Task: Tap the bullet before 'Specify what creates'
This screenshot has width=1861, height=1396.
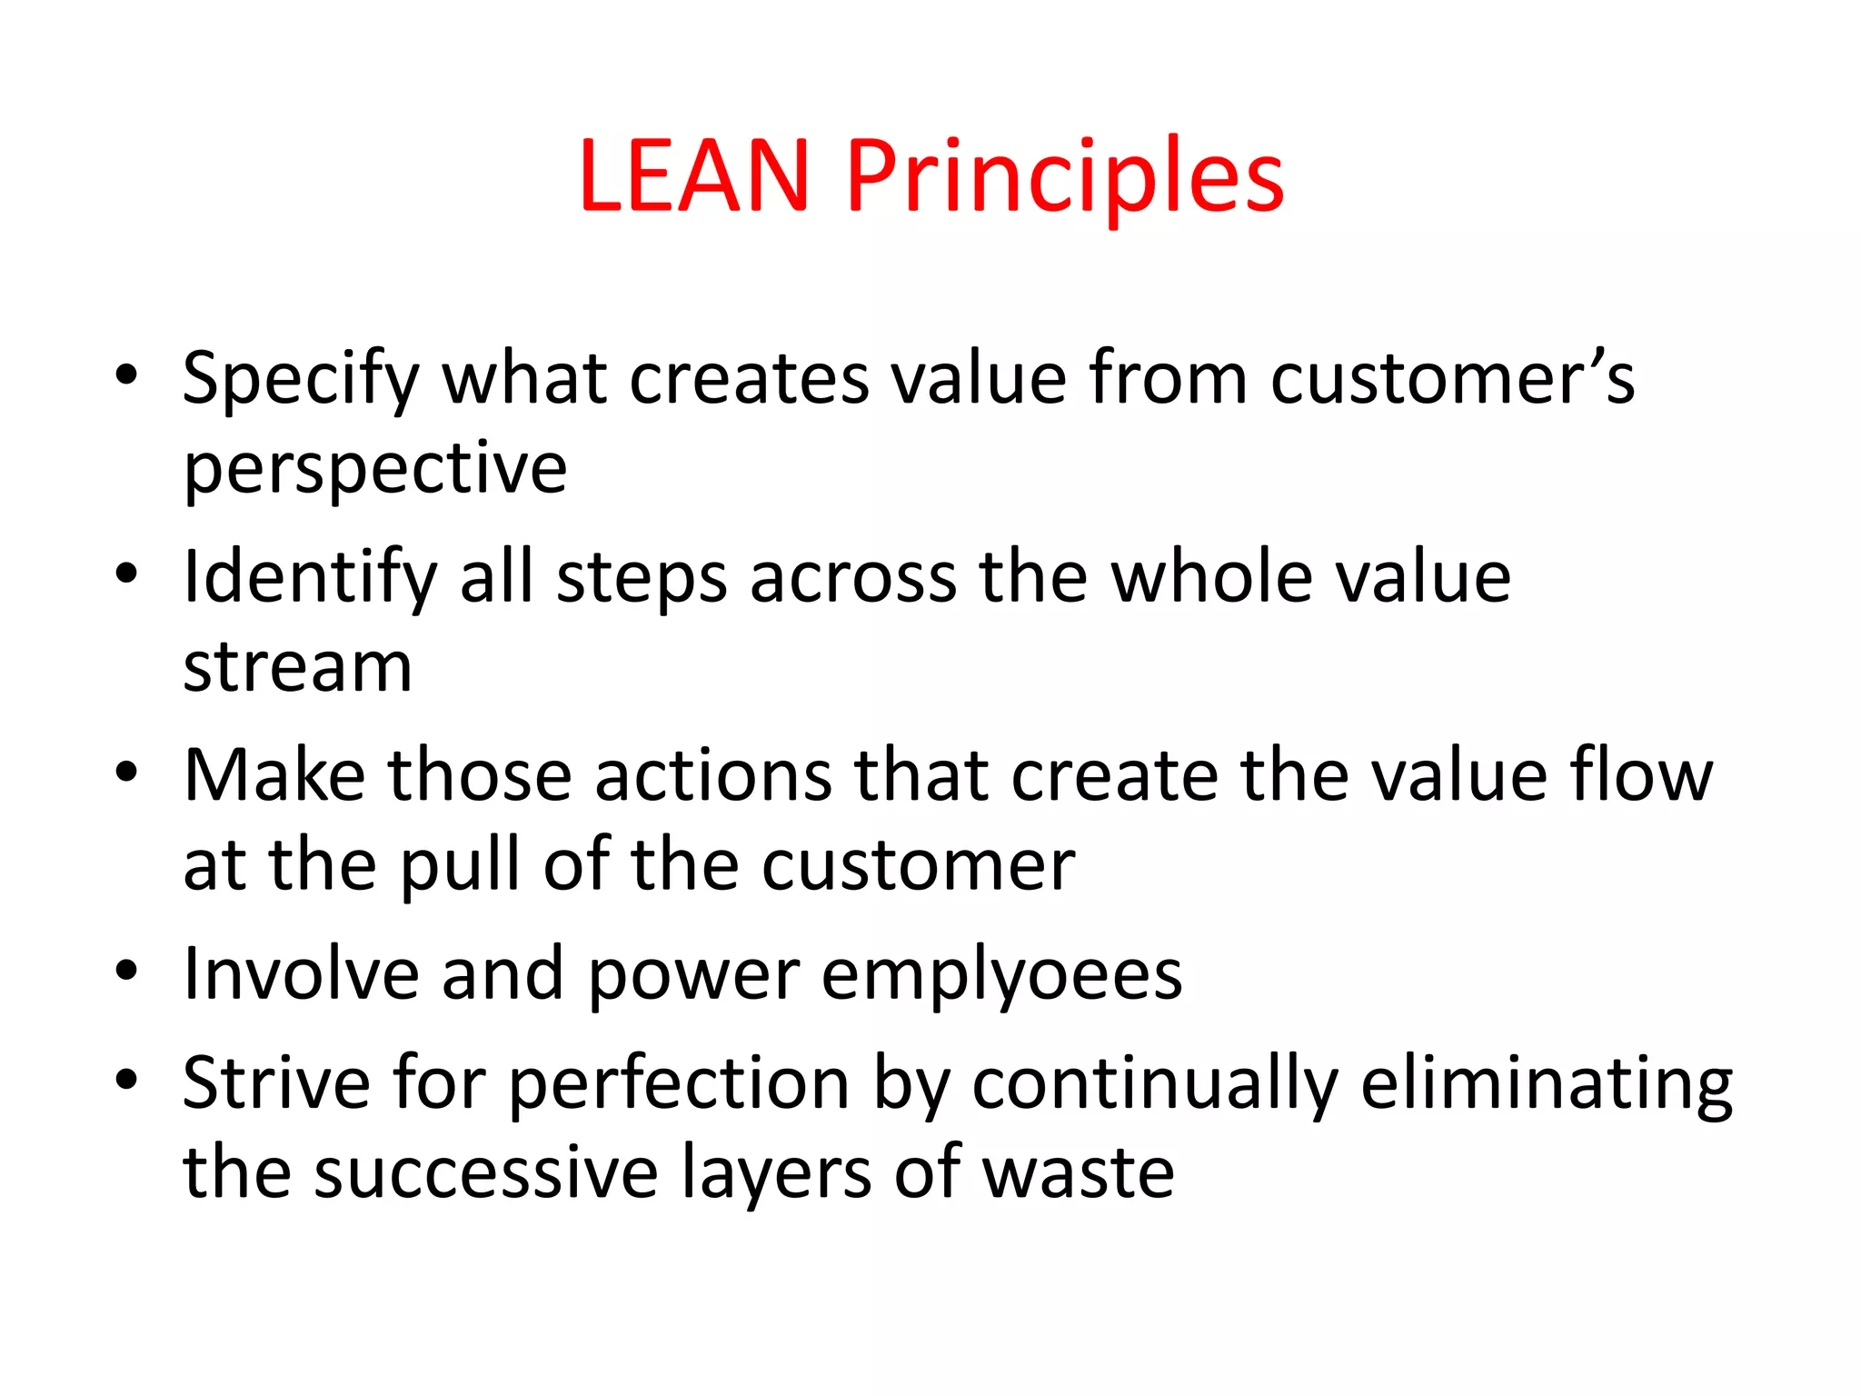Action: coord(126,374)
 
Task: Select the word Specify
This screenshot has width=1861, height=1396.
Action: coord(301,378)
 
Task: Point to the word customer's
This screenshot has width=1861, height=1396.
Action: coord(1451,378)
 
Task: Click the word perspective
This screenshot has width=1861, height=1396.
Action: coord(375,469)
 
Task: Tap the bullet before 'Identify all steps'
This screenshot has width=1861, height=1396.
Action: coord(126,573)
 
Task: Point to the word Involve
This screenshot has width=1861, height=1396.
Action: coord(301,974)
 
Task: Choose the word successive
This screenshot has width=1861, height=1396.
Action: coord(485,1173)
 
